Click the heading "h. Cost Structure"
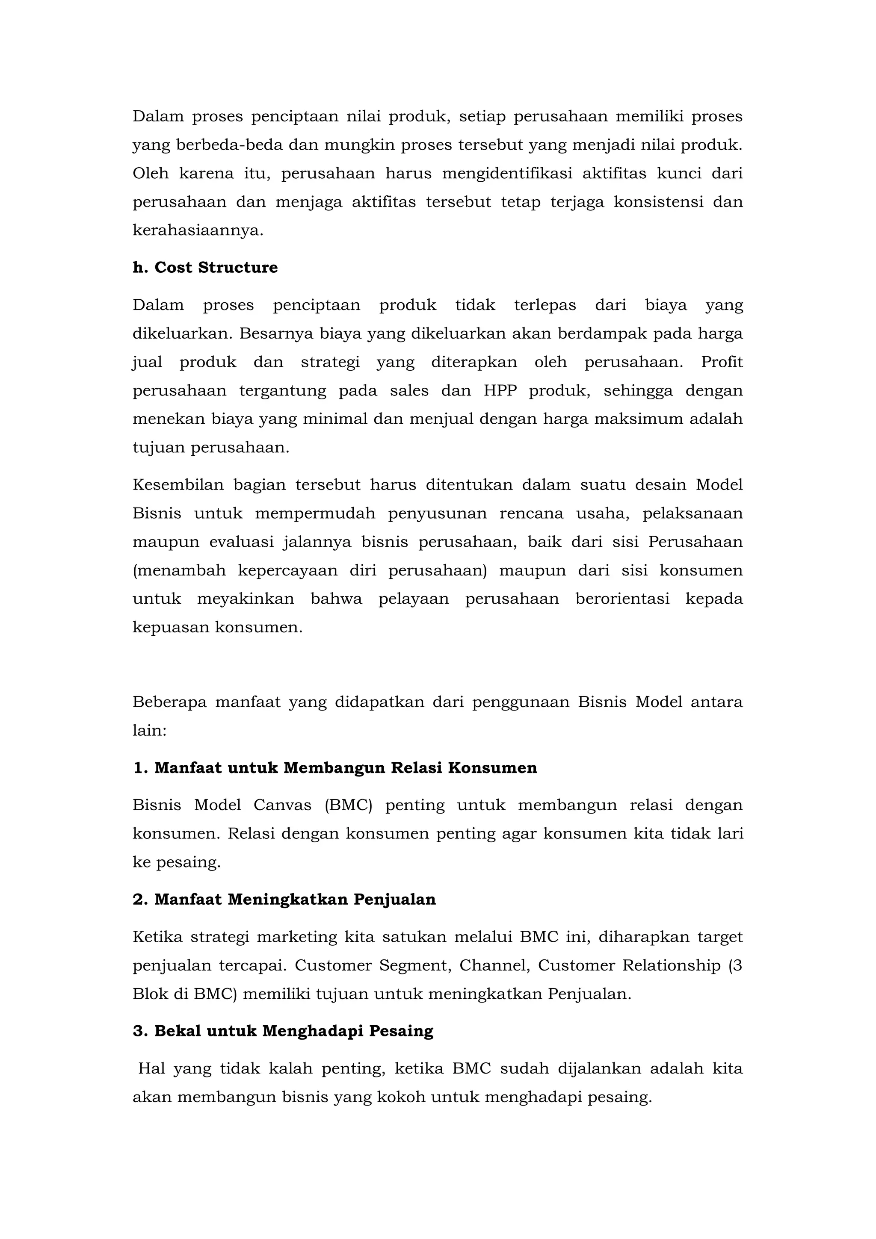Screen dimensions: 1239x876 (205, 268)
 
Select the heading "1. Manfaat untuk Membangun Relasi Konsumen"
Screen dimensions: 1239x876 (334, 768)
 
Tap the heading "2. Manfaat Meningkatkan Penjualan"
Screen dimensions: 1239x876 (284, 900)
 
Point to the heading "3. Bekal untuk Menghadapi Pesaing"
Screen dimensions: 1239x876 (283, 1031)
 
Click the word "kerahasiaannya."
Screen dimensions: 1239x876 (198, 231)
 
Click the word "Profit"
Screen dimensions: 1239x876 (722, 362)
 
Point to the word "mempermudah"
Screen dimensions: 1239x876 (315, 513)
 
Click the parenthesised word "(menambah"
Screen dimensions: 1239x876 (179, 570)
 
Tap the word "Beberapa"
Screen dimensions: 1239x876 (169, 702)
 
